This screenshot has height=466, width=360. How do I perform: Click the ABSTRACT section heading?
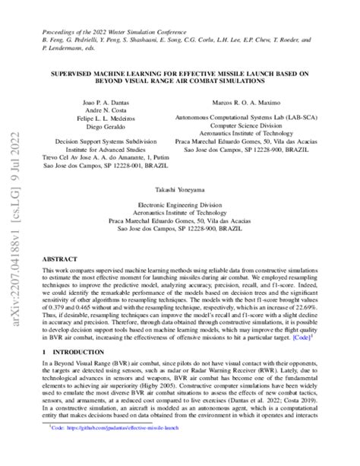click(x=59, y=259)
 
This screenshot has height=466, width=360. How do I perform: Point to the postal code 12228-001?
click(x=134, y=168)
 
